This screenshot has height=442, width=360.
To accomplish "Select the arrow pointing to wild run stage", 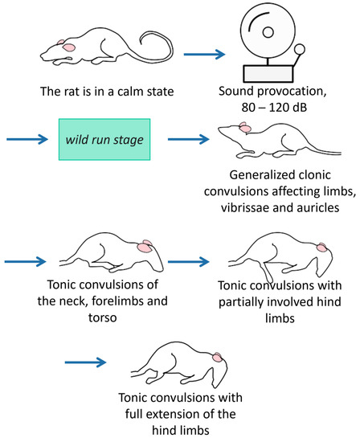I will tap(27, 139).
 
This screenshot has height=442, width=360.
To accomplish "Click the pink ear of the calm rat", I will tap(69, 48).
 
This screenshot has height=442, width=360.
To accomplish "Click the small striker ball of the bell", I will tap(301, 48).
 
